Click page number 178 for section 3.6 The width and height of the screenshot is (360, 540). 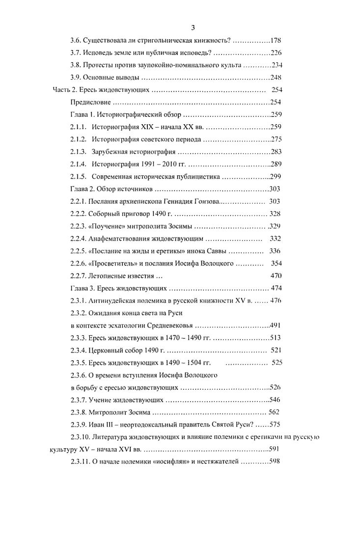click(x=276, y=40)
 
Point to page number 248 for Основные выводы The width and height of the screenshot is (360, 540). click(x=276, y=78)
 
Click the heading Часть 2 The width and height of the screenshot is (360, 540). click(x=64, y=90)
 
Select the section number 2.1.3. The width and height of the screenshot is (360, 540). click(x=79, y=152)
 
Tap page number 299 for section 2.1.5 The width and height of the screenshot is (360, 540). click(x=276, y=177)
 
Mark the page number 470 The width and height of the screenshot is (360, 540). click(x=276, y=276)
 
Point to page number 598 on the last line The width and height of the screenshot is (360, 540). click(x=274, y=462)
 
